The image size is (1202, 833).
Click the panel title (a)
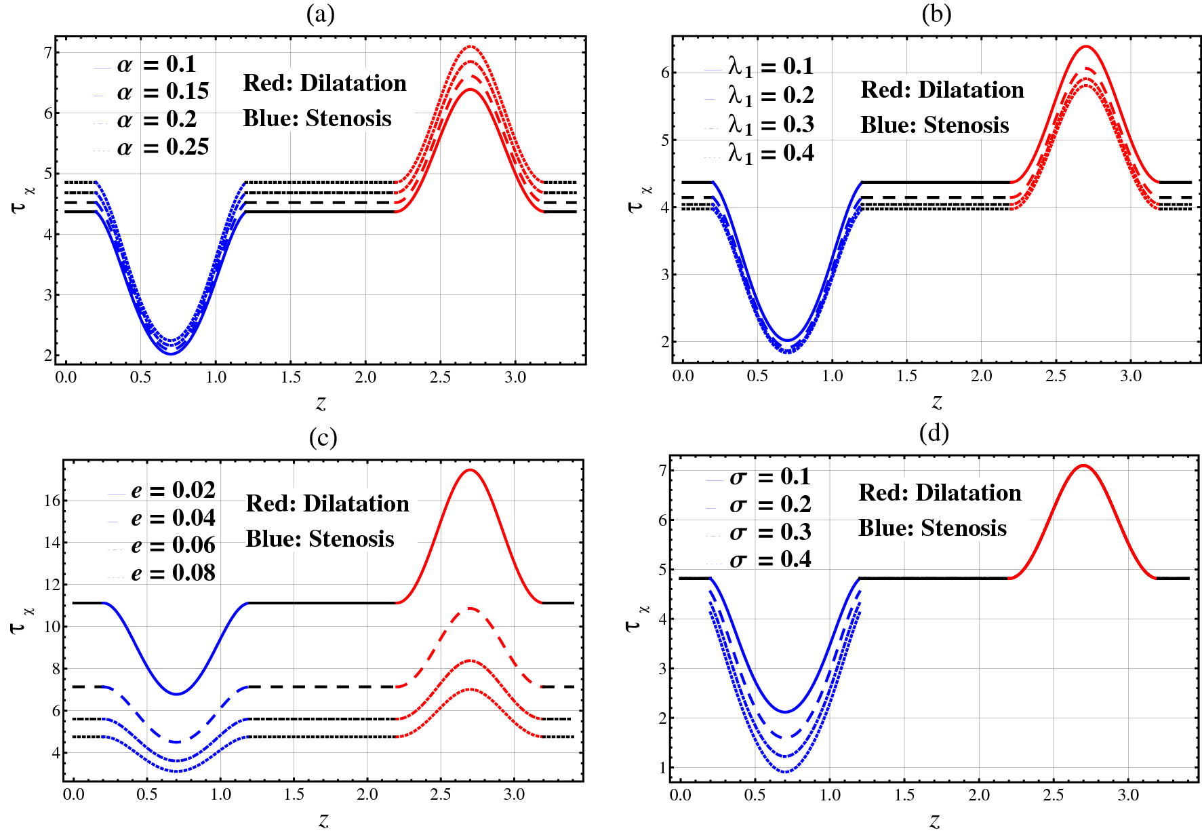pyautogui.click(x=320, y=14)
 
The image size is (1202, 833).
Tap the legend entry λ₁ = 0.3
pyautogui.click(x=770, y=125)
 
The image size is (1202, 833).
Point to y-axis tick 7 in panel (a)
pyautogui.click(x=47, y=52)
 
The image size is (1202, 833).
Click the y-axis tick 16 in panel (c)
pyautogui.click(x=52, y=501)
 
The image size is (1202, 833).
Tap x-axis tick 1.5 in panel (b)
pyautogui.click(x=906, y=376)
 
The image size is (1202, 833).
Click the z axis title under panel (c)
pyautogui.click(x=323, y=821)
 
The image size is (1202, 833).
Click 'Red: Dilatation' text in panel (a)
pyautogui.click(x=325, y=83)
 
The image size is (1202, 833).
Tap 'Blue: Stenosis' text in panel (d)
pyautogui.click(x=932, y=528)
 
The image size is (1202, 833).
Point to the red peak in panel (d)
pyautogui.click(x=1083, y=465)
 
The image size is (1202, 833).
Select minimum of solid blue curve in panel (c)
pyautogui.click(x=176, y=694)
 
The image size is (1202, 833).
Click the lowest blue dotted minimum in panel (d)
pyautogui.click(x=785, y=772)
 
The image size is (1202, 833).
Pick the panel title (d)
pyautogui.click(x=934, y=433)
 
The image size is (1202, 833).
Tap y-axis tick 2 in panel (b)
pyautogui.click(x=665, y=342)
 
